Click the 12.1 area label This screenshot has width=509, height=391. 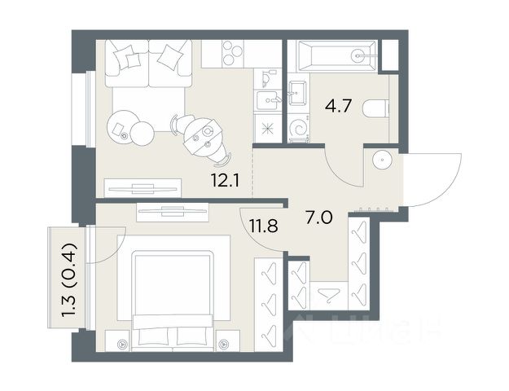click(225, 181)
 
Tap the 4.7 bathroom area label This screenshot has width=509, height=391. click(339, 106)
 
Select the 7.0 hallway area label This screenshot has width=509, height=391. click(318, 217)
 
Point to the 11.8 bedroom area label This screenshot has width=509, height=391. click(264, 226)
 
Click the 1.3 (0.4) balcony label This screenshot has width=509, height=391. click(69, 279)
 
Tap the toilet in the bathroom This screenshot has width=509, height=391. click(375, 108)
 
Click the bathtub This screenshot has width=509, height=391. click(337, 55)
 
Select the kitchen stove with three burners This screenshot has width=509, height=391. click(232, 54)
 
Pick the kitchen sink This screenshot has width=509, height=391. click(267, 100)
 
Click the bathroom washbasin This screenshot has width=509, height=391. click(297, 93)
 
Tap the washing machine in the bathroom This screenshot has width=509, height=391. click(298, 128)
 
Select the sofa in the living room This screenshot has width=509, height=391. click(148, 64)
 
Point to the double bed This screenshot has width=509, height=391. click(173, 301)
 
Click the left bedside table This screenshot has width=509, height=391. click(118, 341)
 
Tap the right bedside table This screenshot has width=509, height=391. click(228, 341)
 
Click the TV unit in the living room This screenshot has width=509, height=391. click(143, 188)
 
